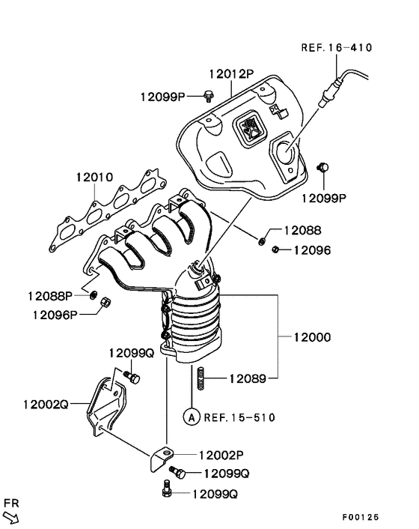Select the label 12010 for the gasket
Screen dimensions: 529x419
pyautogui.click(x=94, y=178)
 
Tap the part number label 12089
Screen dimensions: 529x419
pyautogui.click(x=248, y=379)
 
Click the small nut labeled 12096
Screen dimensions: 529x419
pyautogui.click(x=276, y=250)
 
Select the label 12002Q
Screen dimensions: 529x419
pyautogui.click(x=46, y=404)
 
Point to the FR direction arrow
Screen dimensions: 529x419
pyautogui.click(x=12, y=517)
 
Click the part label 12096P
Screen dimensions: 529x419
pyautogui.click(x=55, y=315)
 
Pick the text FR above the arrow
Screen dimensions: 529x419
pyautogui.click(x=11, y=502)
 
